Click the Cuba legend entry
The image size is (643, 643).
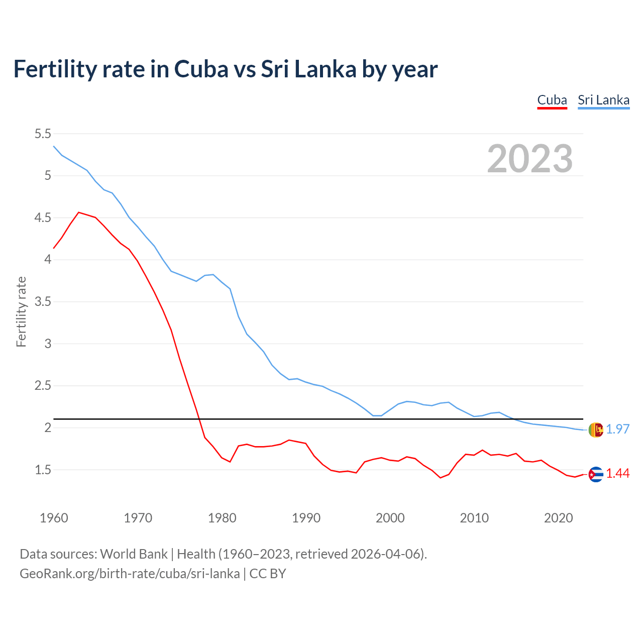[552, 100]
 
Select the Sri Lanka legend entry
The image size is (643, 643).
[603, 100]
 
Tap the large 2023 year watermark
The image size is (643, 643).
[530, 159]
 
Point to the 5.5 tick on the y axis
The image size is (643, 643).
[43, 134]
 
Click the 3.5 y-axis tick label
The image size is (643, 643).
[43, 302]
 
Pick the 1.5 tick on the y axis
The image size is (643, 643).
[43, 470]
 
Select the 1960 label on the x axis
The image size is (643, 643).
[54, 518]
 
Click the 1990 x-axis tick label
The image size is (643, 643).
[306, 518]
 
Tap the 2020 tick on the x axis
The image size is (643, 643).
[558, 518]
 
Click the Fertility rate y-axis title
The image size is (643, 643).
[21, 311]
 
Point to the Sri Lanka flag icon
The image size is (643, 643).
[596, 430]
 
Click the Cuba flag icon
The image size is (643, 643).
[596, 474]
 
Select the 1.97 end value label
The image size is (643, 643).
[617, 429]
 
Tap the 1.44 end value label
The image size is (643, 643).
[617, 473]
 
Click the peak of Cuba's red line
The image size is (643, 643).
[78, 212]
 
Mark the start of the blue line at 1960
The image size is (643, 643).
[54, 146]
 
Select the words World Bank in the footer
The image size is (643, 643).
[134, 554]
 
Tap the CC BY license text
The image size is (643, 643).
[268, 574]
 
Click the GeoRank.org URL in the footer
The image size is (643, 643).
[130, 574]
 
